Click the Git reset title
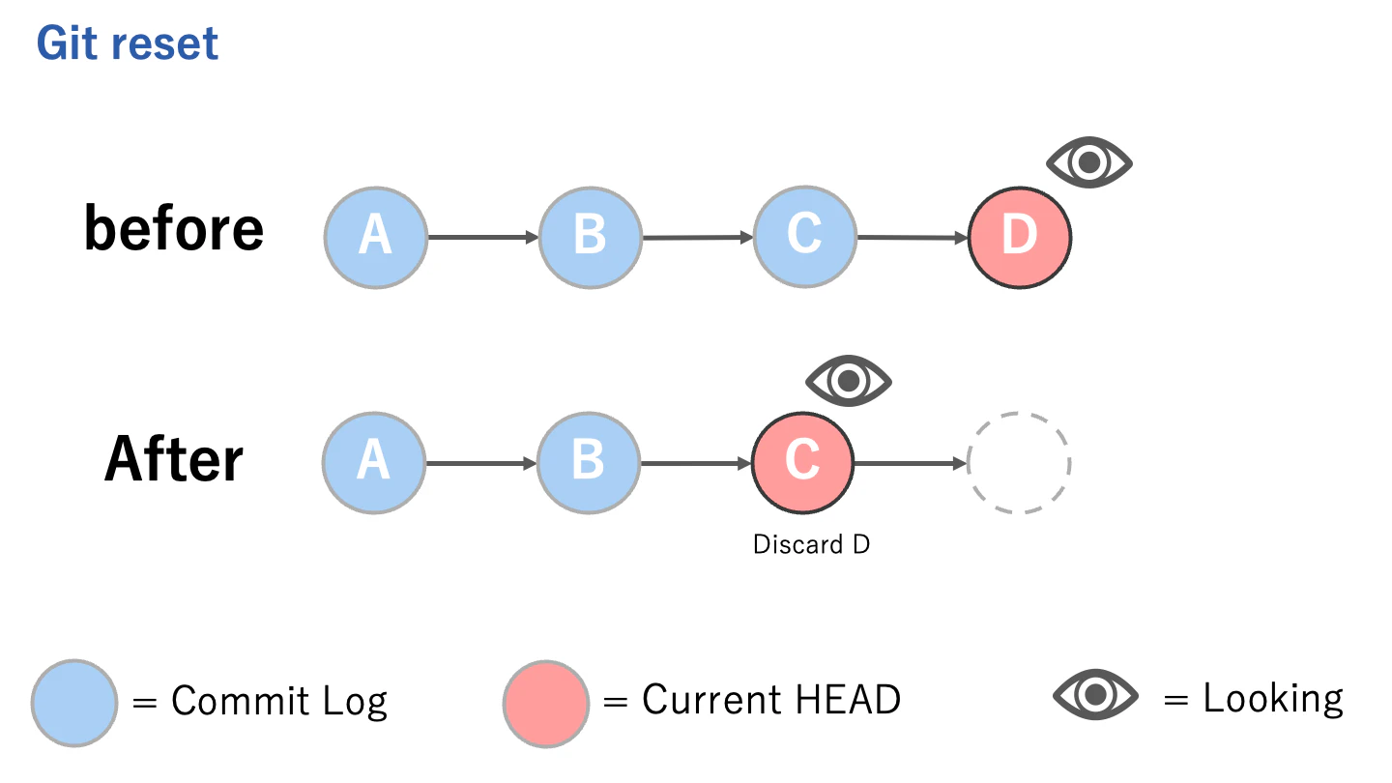tap(128, 44)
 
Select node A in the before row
tap(375, 237)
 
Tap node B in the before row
tap(590, 237)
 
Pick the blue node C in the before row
tap(804, 237)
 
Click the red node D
tap(1019, 237)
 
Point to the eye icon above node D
tap(1089, 163)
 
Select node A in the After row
tap(374, 463)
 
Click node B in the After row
tap(589, 463)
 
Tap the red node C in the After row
tap(802, 463)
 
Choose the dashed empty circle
tap(1019, 463)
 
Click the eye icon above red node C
tap(849, 381)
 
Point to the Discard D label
tap(811, 545)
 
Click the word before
tap(174, 229)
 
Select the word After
tap(174, 459)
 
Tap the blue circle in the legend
tap(74, 702)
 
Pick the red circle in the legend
tap(546, 702)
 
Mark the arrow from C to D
tap(912, 237)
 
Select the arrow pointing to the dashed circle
tap(910, 463)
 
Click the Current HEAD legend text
tap(771, 699)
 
